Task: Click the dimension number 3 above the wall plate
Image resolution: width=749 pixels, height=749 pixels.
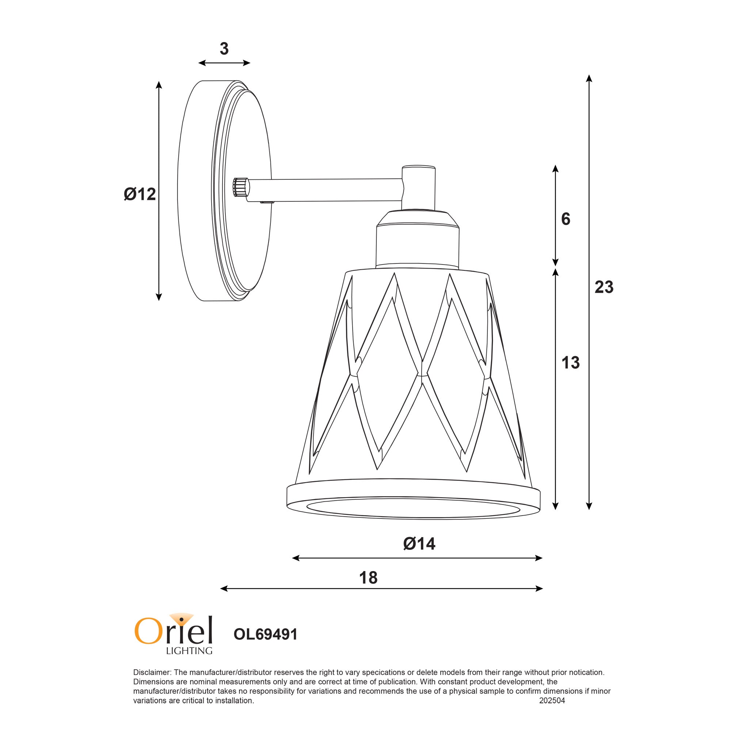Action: click(224, 49)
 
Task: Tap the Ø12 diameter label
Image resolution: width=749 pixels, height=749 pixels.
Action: click(140, 194)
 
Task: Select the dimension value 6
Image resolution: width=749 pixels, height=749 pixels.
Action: click(566, 220)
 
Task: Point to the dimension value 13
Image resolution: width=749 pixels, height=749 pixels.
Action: click(570, 362)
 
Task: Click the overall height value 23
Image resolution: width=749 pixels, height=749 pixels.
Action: click(604, 287)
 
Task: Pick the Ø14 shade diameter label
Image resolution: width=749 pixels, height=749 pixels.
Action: click(419, 544)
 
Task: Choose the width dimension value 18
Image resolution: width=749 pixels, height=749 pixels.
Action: click(368, 578)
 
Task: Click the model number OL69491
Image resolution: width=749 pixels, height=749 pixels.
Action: click(266, 635)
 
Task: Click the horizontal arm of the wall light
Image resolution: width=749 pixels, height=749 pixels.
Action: click(326, 190)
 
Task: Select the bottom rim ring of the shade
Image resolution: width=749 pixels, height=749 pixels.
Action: click(413, 500)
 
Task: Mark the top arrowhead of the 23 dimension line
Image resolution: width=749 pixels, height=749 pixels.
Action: click(589, 78)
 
